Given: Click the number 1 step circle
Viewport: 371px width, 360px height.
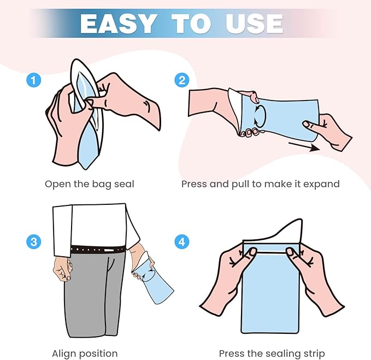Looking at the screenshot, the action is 33,80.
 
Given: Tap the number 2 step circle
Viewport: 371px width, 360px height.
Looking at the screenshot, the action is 182,80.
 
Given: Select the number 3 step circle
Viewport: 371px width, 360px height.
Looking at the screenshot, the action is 33,242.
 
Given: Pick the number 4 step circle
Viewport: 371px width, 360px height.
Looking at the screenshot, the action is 182,242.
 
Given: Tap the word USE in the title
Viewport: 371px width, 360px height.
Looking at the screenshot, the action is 255,23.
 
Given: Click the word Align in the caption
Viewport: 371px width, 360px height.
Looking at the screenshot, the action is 64,354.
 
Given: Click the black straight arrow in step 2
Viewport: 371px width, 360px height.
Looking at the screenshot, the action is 304,146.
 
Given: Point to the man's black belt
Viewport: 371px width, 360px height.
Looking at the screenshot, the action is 98,250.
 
